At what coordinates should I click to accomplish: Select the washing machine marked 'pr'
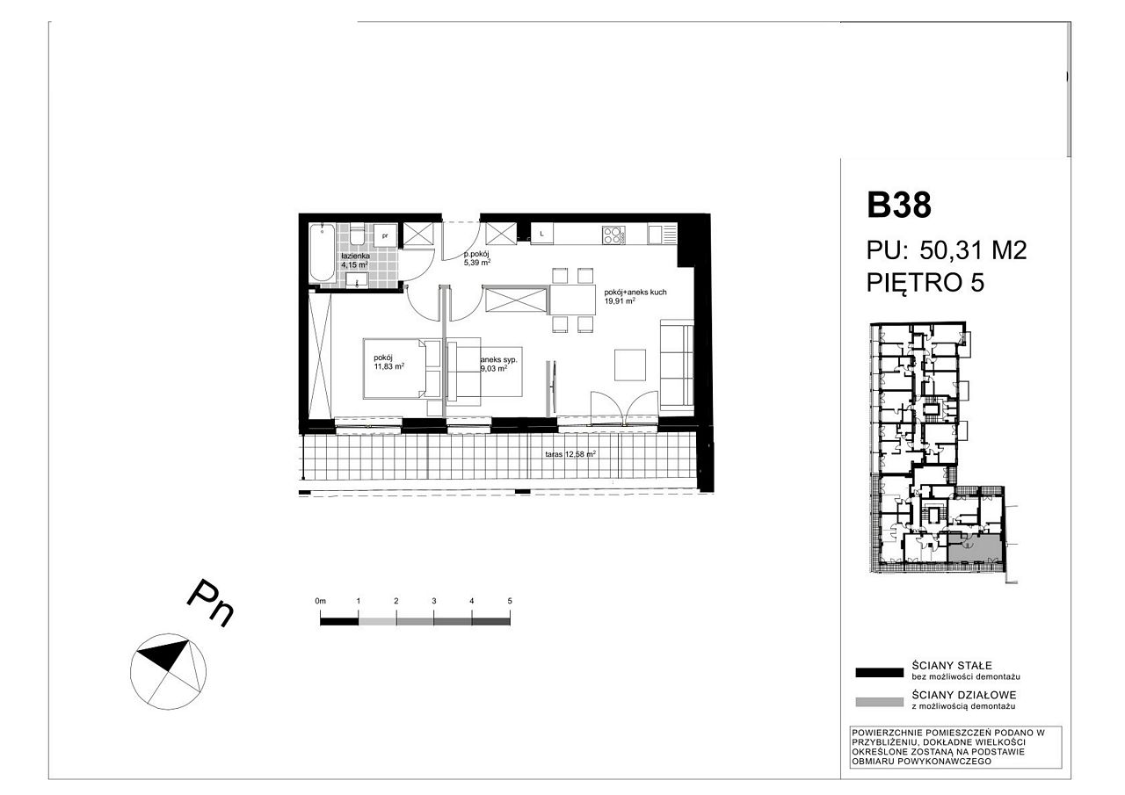pos(385,235)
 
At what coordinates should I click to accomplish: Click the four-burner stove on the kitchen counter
pos(613,235)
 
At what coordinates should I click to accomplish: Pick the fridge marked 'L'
pos(542,234)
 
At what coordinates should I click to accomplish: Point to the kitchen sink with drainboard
pos(662,235)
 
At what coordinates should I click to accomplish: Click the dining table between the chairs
pos(572,300)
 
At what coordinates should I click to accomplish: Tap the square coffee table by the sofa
pos(630,365)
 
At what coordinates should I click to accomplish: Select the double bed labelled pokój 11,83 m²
pos(402,369)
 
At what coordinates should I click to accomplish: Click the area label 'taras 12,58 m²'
pos(570,454)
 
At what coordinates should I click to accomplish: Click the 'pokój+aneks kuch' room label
pos(635,293)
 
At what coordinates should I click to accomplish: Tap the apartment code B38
pos(899,205)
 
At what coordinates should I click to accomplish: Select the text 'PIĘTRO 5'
pos(925,283)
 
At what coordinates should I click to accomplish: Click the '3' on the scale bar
pos(434,601)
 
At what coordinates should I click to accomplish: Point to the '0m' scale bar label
pos(321,601)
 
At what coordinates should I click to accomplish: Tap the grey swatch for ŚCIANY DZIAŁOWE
pos(879,702)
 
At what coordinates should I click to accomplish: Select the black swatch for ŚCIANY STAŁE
pos(879,673)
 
